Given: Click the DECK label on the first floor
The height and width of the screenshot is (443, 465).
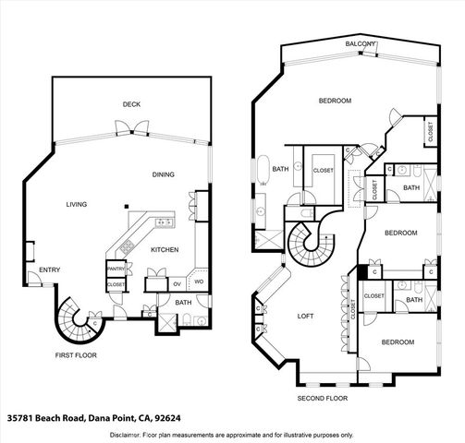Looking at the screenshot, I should (x=131, y=104).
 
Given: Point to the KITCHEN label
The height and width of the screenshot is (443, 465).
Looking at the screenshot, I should (x=165, y=250).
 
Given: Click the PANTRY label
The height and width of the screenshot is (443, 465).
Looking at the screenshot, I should (x=116, y=269).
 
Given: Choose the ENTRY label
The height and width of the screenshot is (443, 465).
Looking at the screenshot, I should (x=50, y=269).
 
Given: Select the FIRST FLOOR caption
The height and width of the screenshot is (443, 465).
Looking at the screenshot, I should (x=76, y=354).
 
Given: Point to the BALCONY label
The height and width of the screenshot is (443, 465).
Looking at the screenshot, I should (x=360, y=43).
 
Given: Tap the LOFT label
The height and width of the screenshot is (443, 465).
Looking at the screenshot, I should (x=305, y=316).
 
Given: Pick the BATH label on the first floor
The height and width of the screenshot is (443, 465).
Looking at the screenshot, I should (x=183, y=303).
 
